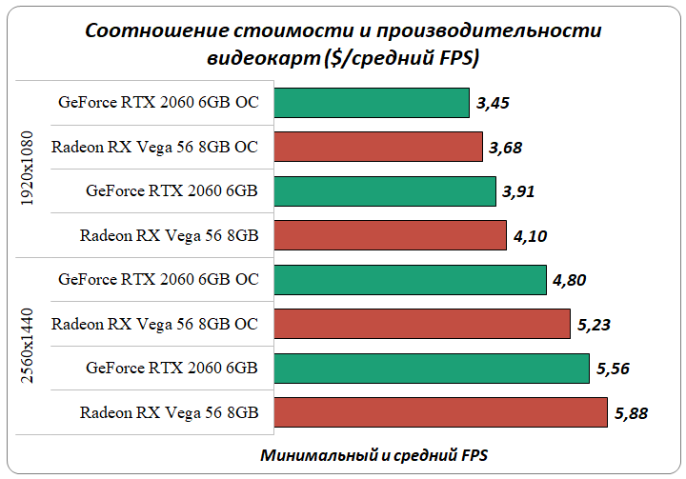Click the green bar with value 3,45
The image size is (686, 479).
(x=372, y=103)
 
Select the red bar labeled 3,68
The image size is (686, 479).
(x=378, y=147)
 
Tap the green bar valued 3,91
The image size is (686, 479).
(x=385, y=190)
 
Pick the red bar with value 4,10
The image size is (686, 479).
(x=391, y=235)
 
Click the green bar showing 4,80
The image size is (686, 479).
(x=410, y=280)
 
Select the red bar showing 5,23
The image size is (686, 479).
(x=422, y=324)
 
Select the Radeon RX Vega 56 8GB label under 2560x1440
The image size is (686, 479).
(x=169, y=412)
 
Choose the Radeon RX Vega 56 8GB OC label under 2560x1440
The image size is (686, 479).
(x=154, y=324)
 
